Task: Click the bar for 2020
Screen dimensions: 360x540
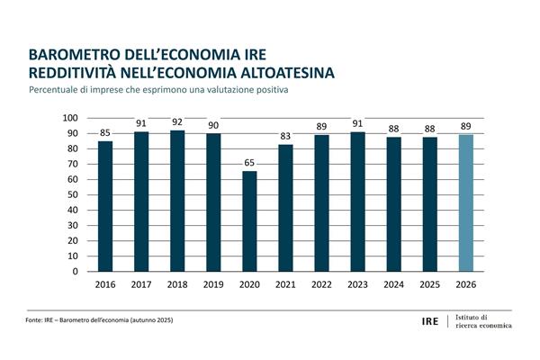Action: [x=249, y=221]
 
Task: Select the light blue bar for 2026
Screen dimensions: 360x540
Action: [x=465, y=202]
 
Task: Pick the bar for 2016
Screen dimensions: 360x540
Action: [x=105, y=206]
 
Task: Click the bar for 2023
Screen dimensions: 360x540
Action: [x=357, y=202]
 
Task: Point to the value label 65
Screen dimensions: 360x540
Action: [x=249, y=164]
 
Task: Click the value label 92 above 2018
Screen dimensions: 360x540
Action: [x=177, y=122]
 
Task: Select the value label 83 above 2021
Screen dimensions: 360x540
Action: [x=285, y=136]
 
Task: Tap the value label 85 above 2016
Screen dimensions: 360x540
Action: [x=105, y=133]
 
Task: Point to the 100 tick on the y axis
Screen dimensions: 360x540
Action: [x=72, y=118]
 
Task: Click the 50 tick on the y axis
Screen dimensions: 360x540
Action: [x=75, y=194]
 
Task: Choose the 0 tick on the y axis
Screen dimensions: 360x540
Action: [x=77, y=271]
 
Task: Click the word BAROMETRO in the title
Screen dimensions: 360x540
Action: [x=76, y=54]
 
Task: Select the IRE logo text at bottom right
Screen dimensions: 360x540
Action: [x=431, y=321]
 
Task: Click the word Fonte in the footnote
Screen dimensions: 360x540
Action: [x=35, y=321]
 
